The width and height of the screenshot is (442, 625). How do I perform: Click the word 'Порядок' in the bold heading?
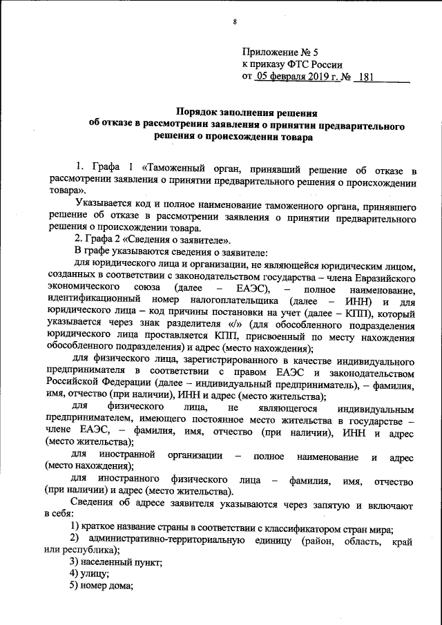coord(200,111)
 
